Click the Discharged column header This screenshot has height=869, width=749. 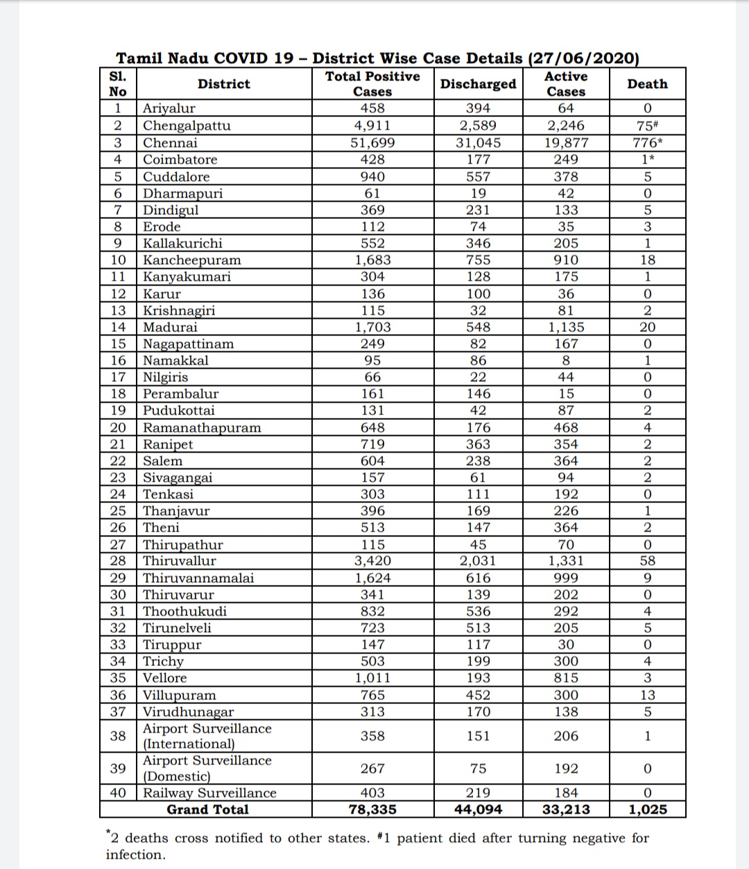click(x=478, y=84)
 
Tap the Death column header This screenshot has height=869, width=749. click(x=647, y=84)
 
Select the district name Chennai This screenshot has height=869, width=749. click(x=170, y=143)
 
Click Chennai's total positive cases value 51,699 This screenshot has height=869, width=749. click(x=372, y=143)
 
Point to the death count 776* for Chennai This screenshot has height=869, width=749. click(x=647, y=143)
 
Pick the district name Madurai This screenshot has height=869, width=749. click(x=170, y=327)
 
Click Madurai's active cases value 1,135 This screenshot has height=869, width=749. click(x=565, y=327)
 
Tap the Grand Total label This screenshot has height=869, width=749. click(x=207, y=809)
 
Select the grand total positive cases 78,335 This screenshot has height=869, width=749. click(x=372, y=809)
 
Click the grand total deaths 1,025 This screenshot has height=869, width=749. click(x=647, y=809)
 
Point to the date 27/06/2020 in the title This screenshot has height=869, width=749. click(x=583, y=58)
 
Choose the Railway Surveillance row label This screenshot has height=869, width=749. click(x=209, y=793)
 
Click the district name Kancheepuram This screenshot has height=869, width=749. click(x=192, y=260)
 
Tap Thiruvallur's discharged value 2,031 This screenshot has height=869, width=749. click(x=478, y=561)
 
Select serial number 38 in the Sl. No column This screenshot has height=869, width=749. click(x=118, y=736)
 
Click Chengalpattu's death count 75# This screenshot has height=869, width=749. click(x=647, y=125)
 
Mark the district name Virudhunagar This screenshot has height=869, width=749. click(x=188, y=712)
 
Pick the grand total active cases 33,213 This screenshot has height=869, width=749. click(x=566, y=809)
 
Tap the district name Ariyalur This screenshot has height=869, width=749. click(x=169, y=108)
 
